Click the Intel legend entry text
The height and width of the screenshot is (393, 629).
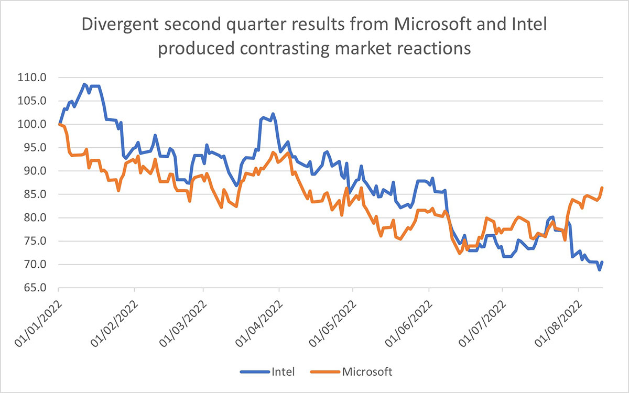283,372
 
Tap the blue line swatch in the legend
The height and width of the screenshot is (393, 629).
255,373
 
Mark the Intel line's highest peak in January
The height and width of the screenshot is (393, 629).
84,84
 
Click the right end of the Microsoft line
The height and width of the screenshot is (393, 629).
602,188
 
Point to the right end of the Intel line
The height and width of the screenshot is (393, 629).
602,262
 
